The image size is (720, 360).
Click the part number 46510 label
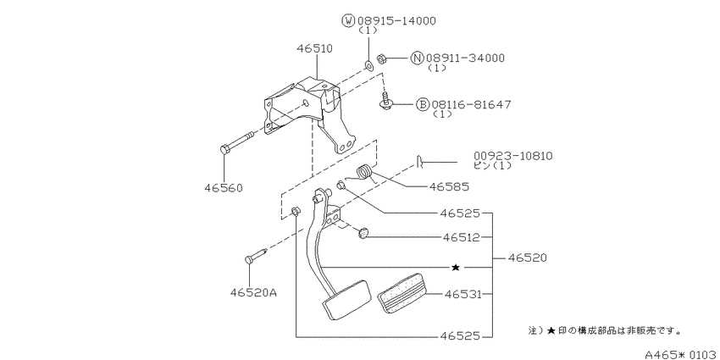(314, 48)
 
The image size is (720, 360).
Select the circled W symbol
(348, 20)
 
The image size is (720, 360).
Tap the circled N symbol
(417, 58)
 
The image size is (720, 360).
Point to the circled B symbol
(423, 105)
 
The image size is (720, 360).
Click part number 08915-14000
(396, 20)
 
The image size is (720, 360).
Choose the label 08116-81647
(471, 105)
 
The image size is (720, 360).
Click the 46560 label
(224, 188)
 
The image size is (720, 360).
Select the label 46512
(462, 237)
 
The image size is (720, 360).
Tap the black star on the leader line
(456, 267)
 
